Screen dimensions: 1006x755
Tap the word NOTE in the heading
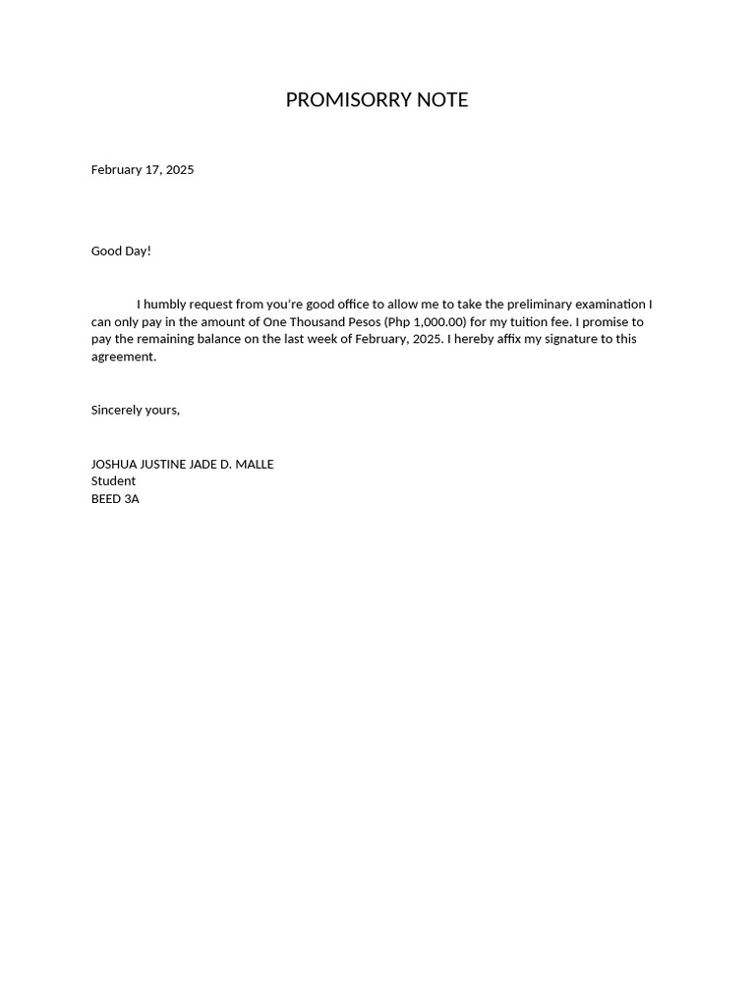(442, 100)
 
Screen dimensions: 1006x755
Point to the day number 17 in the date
(152, 170)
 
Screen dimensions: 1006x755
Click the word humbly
(168, 305)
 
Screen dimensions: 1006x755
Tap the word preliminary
(540, 305)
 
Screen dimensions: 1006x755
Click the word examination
(610, 305)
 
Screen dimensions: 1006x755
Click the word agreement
(123, 357)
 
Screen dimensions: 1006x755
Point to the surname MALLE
(255, 465)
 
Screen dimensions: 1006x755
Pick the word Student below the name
(113, 481)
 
